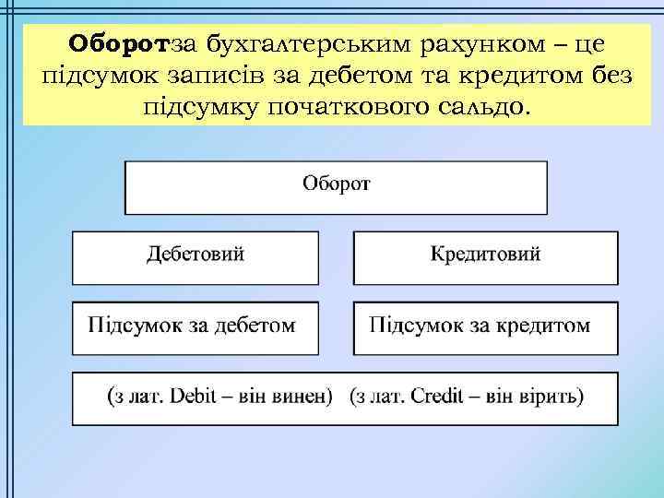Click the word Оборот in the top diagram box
pos(337,182)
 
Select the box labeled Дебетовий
pos(196,256)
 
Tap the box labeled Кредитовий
pos(486,256)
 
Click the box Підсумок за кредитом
pos(486,327)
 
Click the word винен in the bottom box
pos(300,397)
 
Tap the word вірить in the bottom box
pos(552,397)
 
